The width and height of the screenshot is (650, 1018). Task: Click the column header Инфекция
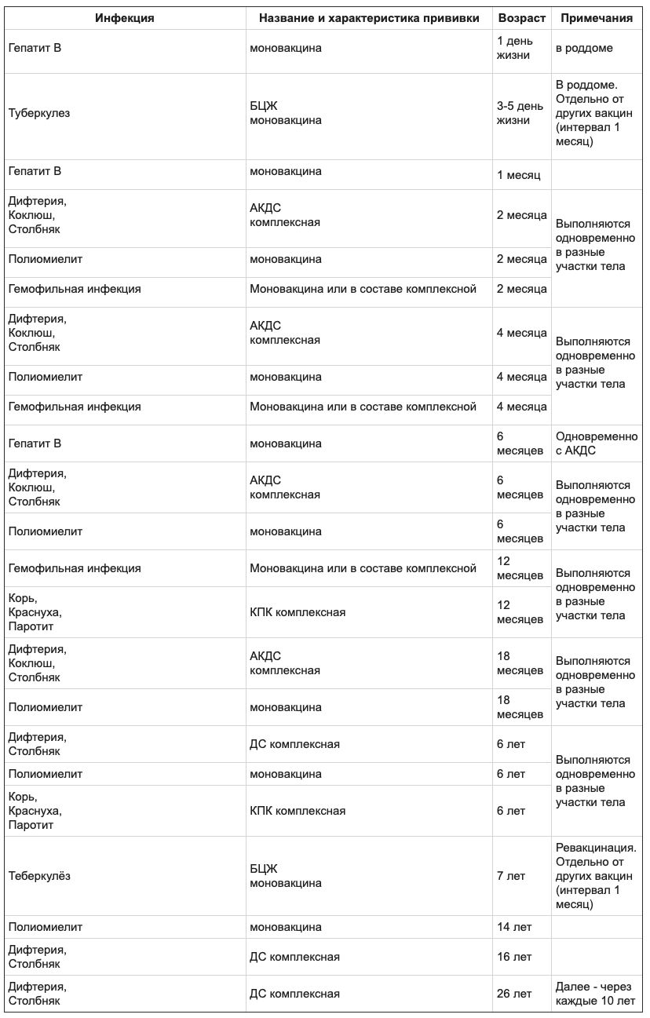125,18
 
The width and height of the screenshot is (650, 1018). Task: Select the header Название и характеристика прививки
368,18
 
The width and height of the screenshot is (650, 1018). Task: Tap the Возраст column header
521,18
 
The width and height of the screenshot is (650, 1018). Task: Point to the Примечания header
597,18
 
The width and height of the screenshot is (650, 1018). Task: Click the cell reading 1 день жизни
514,48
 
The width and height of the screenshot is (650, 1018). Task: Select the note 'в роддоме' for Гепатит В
584,48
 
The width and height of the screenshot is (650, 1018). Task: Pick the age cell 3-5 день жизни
520,113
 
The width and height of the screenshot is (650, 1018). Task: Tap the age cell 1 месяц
519,175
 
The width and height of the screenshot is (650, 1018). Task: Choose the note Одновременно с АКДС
597,443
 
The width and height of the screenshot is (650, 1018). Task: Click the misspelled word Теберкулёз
39,876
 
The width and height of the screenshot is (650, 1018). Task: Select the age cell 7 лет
511,876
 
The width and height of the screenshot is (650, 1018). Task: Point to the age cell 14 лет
514,927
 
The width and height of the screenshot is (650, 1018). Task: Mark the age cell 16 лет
514,957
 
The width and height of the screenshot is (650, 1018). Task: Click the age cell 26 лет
514,994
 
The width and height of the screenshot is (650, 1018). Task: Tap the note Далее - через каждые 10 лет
595,994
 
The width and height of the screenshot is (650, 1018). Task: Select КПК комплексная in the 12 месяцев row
298,612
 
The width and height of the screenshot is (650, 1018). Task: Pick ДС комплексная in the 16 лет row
294,957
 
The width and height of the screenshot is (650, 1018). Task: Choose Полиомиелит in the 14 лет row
46,927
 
